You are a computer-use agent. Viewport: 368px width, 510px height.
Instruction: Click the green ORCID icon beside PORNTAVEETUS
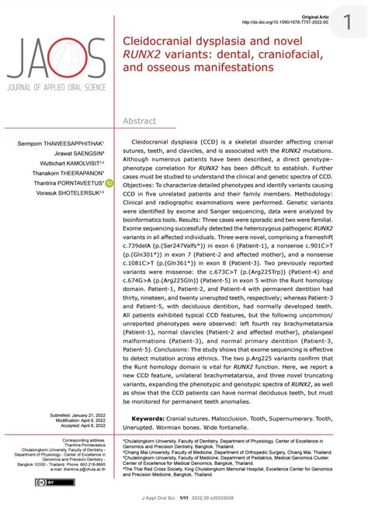[109, 182]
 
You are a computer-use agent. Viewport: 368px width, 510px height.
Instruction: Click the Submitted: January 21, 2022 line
[78, 416]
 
